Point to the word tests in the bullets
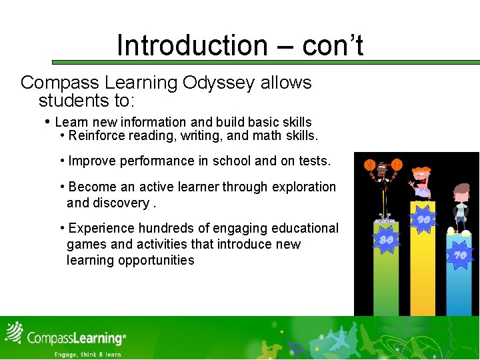313,161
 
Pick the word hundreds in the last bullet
165,228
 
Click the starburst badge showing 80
386,239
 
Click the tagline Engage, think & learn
88,355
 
